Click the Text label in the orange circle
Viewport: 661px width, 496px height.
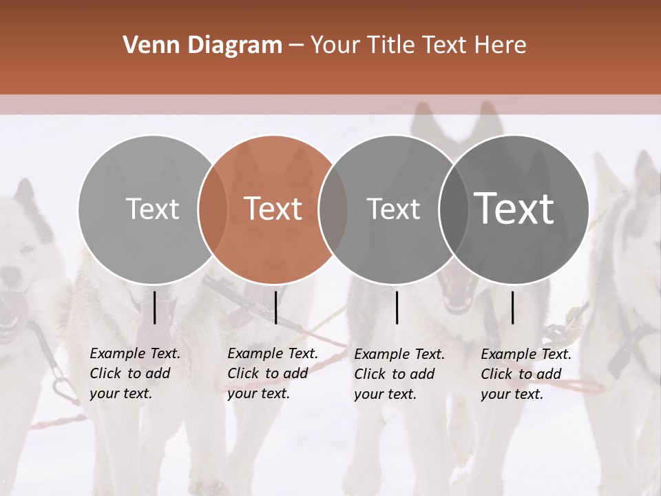click(273, 209)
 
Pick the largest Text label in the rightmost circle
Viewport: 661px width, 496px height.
click(514, 209)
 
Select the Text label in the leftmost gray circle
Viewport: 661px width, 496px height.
click(152, 209)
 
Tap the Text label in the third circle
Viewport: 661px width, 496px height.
click(393, 209)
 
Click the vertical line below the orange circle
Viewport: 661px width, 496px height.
click(275, 307)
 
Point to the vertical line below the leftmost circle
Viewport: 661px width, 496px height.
click(155, 307)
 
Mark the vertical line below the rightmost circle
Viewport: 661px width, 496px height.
click(512, 307)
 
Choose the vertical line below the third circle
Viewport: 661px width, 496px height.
click(397, 307)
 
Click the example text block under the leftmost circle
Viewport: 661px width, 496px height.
click(134, 373)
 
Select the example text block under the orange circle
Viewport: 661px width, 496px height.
click(272, 373)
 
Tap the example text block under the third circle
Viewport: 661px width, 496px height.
click(399, 374)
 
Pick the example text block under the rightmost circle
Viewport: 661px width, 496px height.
click(525, 374)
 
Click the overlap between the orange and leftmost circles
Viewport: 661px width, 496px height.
click(213, 209)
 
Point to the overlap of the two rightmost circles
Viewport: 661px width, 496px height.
click(452, 209)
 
